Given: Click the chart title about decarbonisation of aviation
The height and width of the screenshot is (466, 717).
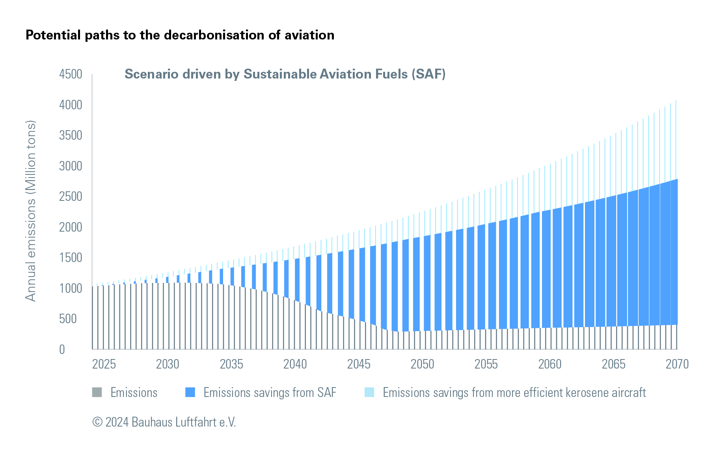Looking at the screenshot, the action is (180, 35).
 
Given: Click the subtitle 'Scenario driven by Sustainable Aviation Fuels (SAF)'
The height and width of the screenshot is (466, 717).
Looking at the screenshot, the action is (285, 74).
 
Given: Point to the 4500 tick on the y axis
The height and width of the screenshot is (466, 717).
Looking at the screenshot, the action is (71, 74).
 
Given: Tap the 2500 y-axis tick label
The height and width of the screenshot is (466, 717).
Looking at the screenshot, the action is (71, 197).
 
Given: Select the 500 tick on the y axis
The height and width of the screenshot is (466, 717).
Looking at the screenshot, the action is (68, 319).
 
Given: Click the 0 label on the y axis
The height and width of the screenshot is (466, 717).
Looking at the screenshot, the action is (62, 349).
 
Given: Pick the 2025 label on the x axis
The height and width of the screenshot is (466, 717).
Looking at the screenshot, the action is (104, 364).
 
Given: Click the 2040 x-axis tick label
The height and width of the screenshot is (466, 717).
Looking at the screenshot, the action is (295, 364).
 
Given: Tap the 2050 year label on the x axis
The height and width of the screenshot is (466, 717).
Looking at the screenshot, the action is (423, 364).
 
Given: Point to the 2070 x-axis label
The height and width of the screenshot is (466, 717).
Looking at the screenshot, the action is (677, 364).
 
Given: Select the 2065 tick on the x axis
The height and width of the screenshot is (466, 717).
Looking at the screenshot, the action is (614, 364).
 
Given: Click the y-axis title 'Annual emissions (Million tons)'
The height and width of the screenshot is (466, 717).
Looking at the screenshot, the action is (30, 211).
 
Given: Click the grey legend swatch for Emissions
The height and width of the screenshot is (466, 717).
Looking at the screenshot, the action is (97, 392).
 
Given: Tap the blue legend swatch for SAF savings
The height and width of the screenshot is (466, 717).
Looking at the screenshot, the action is (190, 392).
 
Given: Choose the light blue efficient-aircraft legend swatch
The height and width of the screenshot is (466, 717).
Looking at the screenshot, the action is (369, 392).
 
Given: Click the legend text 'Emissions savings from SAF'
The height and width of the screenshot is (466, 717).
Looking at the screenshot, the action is (270, 393).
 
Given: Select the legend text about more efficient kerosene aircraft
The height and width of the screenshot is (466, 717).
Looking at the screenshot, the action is (514, 393).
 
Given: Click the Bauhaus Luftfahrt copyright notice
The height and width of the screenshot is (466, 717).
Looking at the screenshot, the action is (164, 422).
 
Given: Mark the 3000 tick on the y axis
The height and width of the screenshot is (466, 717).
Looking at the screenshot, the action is (71, 166).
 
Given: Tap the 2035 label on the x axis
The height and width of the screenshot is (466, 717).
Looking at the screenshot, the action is (231, 364).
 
